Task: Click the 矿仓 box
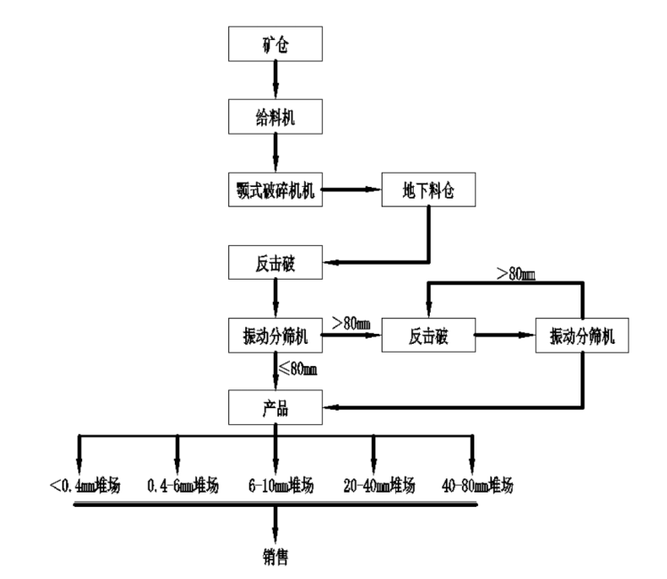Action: pyautogui.click(x=276, y=45)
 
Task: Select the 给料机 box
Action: pyautogui.click(x=276, y=116)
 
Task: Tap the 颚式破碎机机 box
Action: pyautogui.click(x=276, y=190)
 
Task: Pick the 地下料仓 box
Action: pyautogui.click(x=424, y=190)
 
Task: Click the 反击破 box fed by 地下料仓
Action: pyautogui.click(x=276, y=263)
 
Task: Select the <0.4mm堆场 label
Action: pyautogui.click(x=86, y=486)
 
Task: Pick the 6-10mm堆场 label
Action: pyautogui.click(x=277, y=486)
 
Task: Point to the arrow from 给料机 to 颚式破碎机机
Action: pyautogui.click(x=276, y=152)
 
